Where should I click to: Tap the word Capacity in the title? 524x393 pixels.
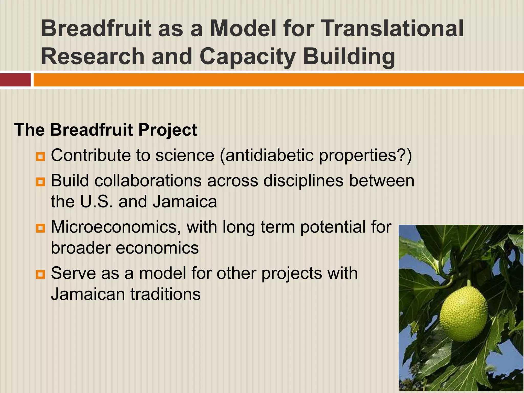click(247, 57)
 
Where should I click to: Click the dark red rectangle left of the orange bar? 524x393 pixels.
click(15, 80)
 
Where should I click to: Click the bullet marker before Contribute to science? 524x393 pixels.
click(40, 156)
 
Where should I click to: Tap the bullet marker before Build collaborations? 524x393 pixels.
click(40, 182)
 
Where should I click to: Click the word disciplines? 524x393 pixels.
click(303, 181)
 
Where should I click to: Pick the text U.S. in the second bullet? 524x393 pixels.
click(96, 202)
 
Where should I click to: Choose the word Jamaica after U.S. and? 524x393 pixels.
click(185, 202)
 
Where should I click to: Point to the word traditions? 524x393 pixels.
click(166, 294)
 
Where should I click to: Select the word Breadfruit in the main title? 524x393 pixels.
click(96, 29)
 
